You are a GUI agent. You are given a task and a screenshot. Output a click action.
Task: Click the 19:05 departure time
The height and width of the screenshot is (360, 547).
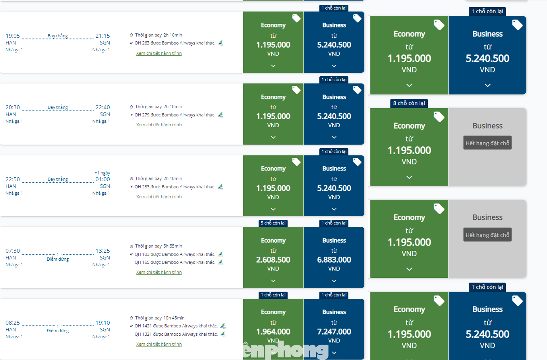pyautogui.click(x=13, y=36)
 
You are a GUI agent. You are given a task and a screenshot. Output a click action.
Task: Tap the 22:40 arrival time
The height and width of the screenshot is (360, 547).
pyautogui.click(x=102, y=107)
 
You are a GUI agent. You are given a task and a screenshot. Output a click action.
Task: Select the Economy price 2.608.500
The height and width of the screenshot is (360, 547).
pyautogui.click(x=273, y=260)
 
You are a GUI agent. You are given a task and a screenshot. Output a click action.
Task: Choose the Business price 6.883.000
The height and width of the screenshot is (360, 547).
pyautogui.click(x=334, y=260)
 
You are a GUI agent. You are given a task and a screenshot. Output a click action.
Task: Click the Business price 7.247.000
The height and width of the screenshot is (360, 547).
pyautogui.click(x=334, y=331)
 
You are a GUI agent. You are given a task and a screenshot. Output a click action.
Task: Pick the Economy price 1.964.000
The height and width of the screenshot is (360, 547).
pyautogui.click(x=273, y=331)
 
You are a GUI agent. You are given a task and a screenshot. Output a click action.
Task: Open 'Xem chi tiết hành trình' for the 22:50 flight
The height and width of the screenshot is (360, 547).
pyautogui.click(x=159, y=197)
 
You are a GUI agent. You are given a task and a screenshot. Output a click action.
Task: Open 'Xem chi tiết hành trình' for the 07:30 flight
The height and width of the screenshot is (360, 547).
pyautogui.click(x=159, y=272)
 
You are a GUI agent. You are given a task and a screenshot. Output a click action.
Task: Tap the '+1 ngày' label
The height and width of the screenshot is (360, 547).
pyautogui.click(x=102, y=173)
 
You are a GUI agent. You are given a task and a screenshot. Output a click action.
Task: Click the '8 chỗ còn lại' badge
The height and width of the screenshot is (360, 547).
pyautogui.click(x=409, y=103)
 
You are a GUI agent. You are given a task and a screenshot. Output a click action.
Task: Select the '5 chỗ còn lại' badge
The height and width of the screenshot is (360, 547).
pyautogui.click(x=273, y=223)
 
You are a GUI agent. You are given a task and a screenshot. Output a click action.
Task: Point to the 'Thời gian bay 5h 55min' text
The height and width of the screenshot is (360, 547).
pyautogui.click(x=158, y=246)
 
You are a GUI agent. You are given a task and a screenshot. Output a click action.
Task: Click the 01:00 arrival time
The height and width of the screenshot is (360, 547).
pyautogui.click(x=102, y=179)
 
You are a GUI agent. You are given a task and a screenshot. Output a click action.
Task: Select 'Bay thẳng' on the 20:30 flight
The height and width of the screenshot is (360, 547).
pyautogui.click(x=58, y=107)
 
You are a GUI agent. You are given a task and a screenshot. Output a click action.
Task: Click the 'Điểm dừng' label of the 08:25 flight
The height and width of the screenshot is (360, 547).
pyautogui.click(x=58, y=331)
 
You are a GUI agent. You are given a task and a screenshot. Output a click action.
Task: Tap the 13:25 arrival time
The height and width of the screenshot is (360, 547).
pyautogui.click(x=102, y=251)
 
